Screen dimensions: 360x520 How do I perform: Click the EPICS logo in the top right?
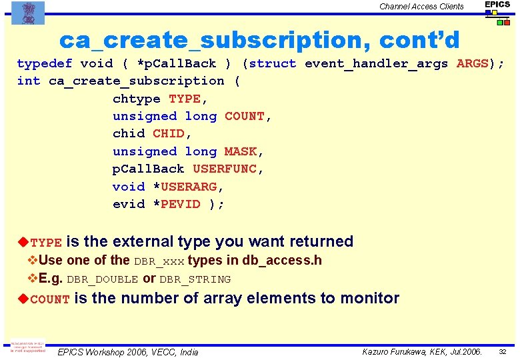point(497,12)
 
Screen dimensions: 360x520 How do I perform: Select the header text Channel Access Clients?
point(421,7)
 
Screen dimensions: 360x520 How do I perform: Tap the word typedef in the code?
point(44,64)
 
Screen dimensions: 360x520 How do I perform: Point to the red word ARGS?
point(472,64)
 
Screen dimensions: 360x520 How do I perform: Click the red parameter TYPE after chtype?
point(185,99)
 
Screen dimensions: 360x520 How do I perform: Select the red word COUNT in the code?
point(245,116)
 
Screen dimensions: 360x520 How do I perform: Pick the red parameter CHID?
point(169,133)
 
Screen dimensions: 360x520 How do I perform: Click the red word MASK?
point(241,151)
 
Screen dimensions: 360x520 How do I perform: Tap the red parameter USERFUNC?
point(225,169)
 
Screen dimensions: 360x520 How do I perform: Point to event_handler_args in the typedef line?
point(376,64)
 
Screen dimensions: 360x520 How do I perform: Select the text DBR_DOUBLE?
point(102,279)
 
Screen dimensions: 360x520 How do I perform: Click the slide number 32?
point(503,351)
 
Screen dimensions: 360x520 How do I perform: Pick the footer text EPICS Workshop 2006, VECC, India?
point(128,352)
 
